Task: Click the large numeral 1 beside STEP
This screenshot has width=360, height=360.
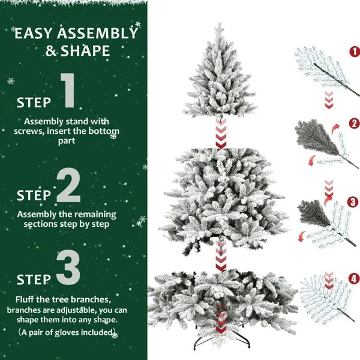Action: click(67, 91)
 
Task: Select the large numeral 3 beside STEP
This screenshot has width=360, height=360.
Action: click(68, 268)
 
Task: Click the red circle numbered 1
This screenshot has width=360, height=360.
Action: click(354, 52)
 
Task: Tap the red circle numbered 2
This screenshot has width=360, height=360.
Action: click(354, 124)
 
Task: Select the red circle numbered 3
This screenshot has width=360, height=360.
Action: click(353, 202)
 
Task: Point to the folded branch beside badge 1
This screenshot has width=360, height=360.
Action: click(321, 71)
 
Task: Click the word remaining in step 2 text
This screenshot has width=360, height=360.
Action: click(95, 214)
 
